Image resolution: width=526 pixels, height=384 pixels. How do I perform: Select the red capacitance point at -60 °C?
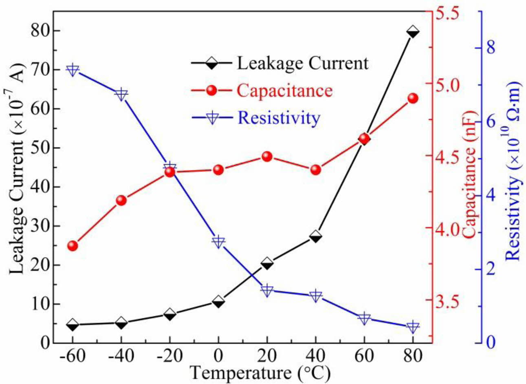point(73,246)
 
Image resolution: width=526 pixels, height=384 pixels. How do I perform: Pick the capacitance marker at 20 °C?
point(267,157)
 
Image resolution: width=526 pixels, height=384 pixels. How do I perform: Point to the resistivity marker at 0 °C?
point(218,242)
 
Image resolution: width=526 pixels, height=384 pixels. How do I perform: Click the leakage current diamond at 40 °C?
point(316,236)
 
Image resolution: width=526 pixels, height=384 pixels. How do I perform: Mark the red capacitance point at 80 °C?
point(413,98)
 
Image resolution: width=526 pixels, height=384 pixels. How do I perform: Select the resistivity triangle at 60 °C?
point(364,319)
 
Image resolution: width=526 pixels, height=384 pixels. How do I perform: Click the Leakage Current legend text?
point(303,63)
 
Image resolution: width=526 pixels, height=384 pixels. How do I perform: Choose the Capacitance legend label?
point(285,90)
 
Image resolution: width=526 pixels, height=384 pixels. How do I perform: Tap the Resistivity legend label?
point(279,118)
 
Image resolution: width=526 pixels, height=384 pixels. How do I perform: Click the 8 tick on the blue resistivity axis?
point(490,48)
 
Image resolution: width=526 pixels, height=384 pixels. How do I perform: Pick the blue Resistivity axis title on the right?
point(513,171)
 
